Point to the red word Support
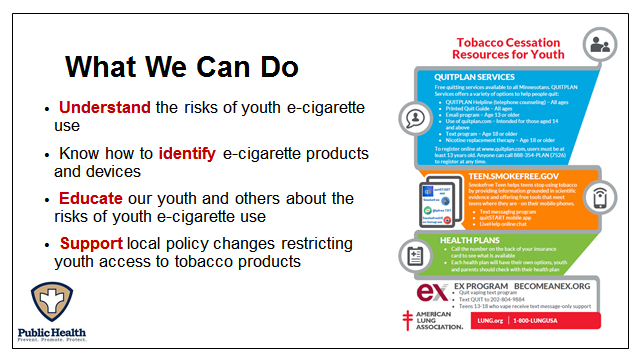click(91, 244)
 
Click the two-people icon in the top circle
click(601, 45)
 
